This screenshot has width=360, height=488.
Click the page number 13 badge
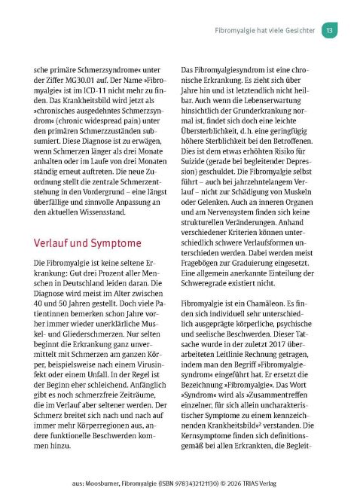[331, 31]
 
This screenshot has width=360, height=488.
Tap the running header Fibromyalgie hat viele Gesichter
[261, 31]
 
